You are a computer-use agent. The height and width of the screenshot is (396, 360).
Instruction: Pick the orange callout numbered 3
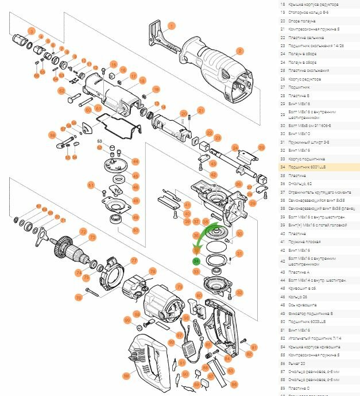(x=32, y=30)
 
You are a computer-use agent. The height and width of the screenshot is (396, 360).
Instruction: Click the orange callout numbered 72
(x=84, y=232)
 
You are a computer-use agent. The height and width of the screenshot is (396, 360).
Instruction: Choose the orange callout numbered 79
(x=179, y=286)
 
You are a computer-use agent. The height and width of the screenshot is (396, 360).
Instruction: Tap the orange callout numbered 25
(x=261, y=148)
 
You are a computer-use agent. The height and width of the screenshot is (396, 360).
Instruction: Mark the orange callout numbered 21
(x=201, y=110)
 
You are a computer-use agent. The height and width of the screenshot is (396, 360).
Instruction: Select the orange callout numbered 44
(x=136, y=162)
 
